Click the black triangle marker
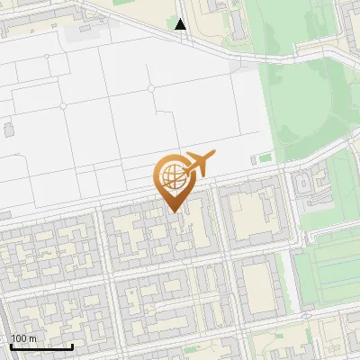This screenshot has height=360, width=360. (x=181, y=24)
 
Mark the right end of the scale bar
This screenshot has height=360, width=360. (x=73, y=346)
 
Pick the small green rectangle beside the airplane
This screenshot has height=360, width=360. (x=265, y=158)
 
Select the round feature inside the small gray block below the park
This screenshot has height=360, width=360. (x=304, y=185)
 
